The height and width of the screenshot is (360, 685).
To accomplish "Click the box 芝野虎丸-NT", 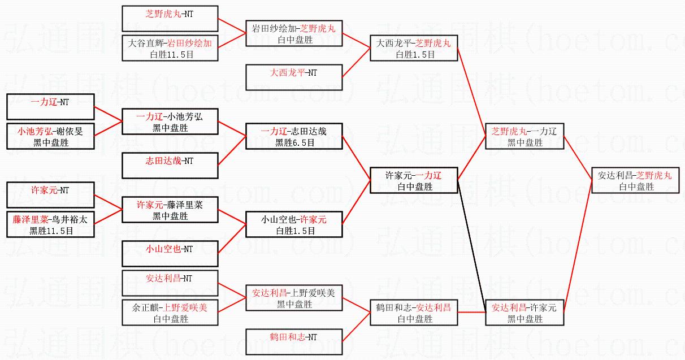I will coord(170,18).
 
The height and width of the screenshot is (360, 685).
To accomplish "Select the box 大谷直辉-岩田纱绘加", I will coord(170,47).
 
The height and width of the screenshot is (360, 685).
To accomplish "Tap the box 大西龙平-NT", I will coord(294,78).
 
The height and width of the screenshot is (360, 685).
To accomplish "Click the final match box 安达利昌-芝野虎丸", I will coord(635,180).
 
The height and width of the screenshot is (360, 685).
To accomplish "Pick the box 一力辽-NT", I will coord(50,107).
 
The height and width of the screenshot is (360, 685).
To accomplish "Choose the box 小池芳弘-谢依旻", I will coord(50,136).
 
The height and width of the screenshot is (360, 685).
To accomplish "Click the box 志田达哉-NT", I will coord(170,166).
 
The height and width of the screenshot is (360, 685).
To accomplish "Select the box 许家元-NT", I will coord(50,195).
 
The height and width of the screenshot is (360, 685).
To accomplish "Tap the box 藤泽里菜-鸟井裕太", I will coord(50,224).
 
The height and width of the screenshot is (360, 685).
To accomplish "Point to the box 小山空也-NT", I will coord(170,254).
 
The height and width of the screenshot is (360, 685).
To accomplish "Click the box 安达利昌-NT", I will coord(170,283).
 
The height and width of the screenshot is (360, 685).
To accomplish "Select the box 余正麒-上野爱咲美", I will coord(170,313).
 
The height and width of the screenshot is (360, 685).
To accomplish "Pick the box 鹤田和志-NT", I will coord(294,342).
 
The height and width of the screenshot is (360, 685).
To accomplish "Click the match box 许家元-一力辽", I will coord(413,180).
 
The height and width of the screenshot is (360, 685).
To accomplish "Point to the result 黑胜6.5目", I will coord(294,143).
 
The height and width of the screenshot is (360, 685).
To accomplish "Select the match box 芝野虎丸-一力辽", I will coord(524,136).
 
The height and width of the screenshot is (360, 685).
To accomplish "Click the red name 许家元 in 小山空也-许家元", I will coord(313,219).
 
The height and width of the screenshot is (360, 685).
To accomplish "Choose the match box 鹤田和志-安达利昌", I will coord(413,313).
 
